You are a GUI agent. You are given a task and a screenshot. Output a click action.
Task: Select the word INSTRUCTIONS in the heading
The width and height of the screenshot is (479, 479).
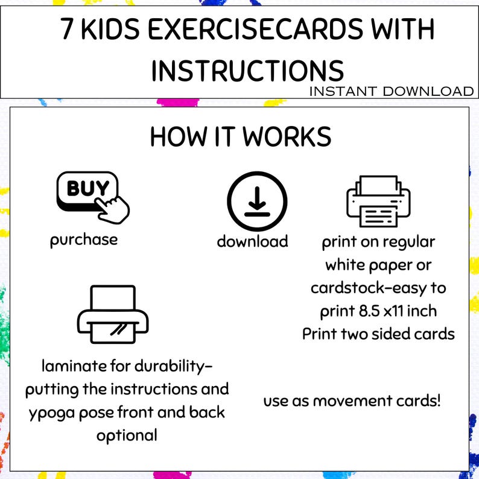coord(247,71)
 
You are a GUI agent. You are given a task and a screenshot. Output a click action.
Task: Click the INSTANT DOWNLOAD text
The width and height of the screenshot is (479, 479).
coord(391,91)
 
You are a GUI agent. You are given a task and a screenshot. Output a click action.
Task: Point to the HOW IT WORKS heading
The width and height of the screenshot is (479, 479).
coord(241,137)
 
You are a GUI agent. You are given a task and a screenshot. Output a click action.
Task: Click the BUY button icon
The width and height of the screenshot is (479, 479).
coord(84,189)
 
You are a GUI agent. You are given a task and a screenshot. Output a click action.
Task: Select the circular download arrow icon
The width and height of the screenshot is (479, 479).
coord(257,201)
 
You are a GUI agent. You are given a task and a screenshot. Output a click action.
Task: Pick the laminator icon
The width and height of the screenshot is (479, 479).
coord(114,314)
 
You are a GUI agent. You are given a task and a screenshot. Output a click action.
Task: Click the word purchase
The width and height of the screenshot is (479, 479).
coord(84,239)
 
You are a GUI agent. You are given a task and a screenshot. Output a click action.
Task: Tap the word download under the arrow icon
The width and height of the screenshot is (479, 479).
coord(252,242)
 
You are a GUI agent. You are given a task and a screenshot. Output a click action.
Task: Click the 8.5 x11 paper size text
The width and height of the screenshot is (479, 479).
coord(393,311)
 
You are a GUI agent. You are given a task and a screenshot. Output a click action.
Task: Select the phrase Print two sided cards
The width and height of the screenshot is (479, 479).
coord(378,334)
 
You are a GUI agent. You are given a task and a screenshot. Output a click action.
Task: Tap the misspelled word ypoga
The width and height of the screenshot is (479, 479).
coord(49,413)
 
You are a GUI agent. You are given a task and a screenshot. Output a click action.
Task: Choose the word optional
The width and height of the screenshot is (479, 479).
coord(126,435)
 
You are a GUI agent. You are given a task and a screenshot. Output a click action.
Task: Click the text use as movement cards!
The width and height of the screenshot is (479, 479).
coord(352,400)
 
